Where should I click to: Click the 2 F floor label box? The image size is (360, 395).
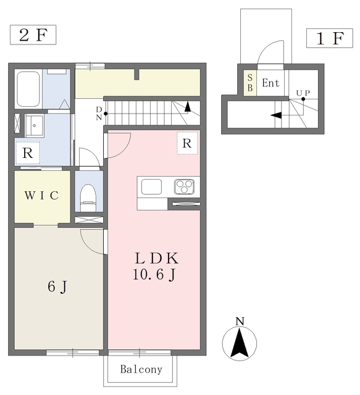(x=33, y=35)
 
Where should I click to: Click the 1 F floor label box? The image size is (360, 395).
(x=330, y=38)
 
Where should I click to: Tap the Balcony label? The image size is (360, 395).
(x=141, y=369)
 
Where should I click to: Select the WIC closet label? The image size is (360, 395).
(x=41, y=195)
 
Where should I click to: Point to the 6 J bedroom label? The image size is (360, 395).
(x=57, y=286)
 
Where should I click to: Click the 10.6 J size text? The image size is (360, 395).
(x=154, y=274)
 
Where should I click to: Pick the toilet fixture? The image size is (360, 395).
(x=88, y=198)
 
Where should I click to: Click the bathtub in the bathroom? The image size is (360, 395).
(x=28, y=89)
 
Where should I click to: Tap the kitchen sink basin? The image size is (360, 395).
(x=151, y=186)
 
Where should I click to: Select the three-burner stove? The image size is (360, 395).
(x=184, y=186)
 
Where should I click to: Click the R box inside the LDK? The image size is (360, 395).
(x=187, y=143)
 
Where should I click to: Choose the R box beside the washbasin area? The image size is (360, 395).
(x=28, y=153)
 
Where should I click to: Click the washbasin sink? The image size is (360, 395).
(x=35, y=126)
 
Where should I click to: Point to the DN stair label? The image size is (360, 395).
(x=99, y=114)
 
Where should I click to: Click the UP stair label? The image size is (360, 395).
(x=303, y=93)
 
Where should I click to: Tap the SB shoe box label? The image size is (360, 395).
(x=250, y=83)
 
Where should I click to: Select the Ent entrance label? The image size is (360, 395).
(x=270, y=83)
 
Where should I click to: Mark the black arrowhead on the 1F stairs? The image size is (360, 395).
(x=276, y=115)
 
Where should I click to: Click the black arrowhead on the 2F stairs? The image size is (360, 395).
(x=187, y=107)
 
